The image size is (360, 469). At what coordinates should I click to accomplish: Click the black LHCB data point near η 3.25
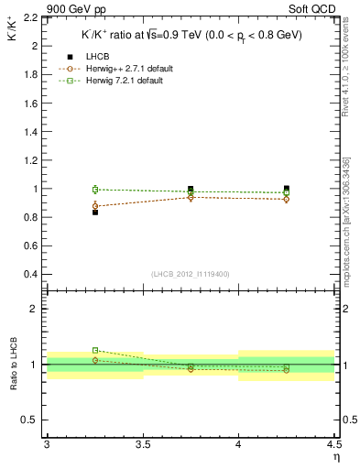[95, 212]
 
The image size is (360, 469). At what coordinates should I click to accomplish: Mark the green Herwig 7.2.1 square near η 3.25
[95, 189]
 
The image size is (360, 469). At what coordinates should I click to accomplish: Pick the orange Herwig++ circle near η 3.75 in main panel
[191, 197]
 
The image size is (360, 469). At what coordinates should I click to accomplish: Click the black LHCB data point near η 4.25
[287, 189]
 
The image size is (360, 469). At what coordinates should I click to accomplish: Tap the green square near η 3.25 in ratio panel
[95, 350]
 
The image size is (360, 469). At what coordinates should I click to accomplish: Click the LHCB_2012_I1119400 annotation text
[190, 274]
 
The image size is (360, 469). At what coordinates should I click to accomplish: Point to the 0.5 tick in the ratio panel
[34, 420]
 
